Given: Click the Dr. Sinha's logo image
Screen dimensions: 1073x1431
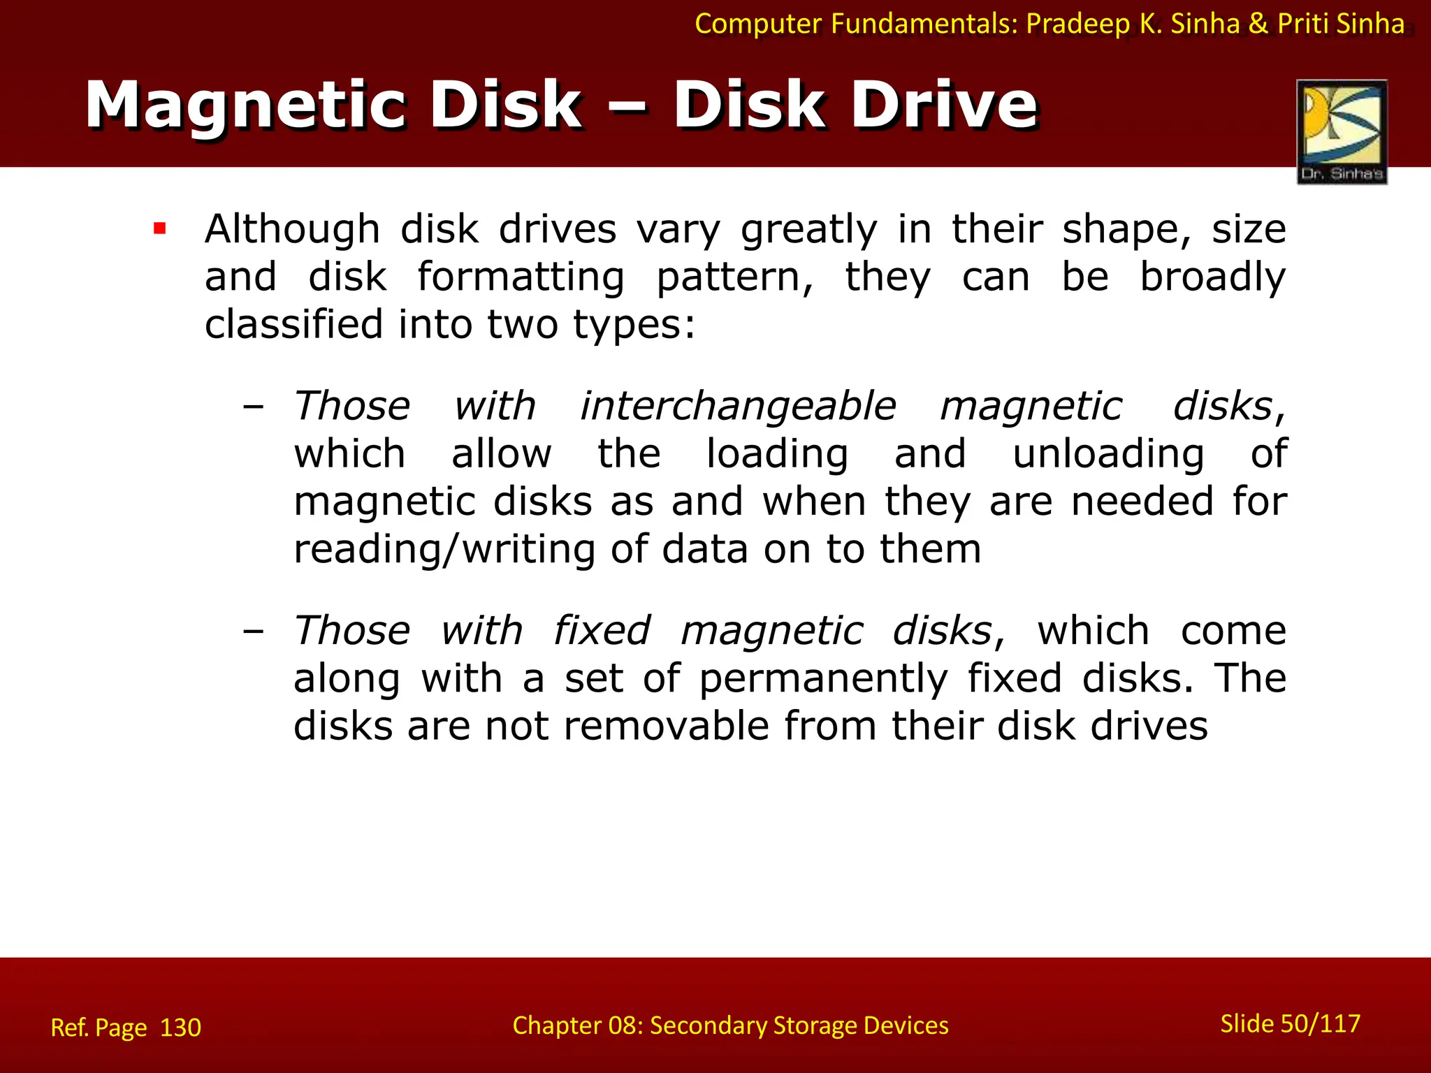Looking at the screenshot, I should click(1342, 131).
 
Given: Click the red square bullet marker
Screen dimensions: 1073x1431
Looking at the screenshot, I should click(160, 228).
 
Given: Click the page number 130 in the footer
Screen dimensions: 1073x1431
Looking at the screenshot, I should click(180, 1028).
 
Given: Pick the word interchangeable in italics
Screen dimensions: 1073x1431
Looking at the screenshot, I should click(738, 406).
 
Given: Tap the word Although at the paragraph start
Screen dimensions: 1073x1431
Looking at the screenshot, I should click(292, 229).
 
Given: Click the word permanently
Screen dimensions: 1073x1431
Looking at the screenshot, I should click(823, 678).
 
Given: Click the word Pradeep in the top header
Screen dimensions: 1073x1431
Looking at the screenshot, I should click(1077, 24).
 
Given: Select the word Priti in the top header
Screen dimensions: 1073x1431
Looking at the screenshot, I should click(1304, 24).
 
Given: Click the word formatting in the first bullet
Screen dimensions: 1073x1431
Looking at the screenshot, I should click(521, 277).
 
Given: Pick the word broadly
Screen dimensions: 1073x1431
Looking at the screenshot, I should click(1212, 277).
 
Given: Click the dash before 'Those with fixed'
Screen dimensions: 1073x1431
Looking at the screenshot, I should click(253, 632).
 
